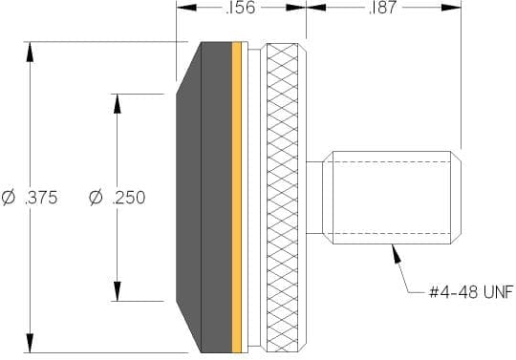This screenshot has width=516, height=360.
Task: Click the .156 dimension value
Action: click(241, 8)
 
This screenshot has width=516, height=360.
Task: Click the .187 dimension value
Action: click(383, 8)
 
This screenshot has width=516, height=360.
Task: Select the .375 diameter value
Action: click(41, 198)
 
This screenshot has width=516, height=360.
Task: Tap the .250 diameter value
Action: click(129, 198)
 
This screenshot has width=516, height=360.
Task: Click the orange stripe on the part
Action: click(236, 198)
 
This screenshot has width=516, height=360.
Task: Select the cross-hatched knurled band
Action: click(282, 198)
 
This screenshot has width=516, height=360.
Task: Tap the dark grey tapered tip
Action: click(204, 198)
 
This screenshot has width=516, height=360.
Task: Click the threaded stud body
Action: click(392, 198)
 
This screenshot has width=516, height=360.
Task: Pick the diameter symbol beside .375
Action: click(9, 198)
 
